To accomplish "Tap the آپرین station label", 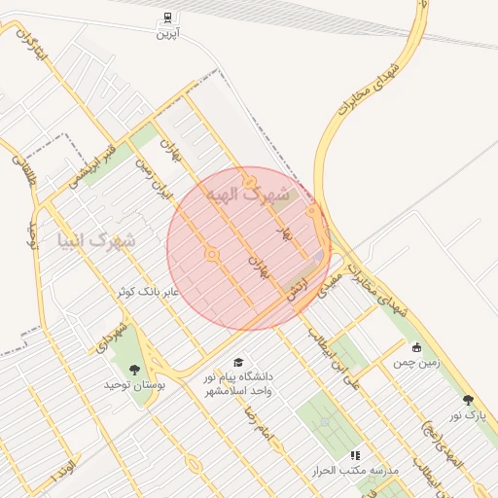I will click(x=169, y=32).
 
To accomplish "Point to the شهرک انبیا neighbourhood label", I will click(x=96, y=238).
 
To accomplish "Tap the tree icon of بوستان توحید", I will click(x=134, y=370).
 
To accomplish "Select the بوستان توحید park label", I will click(x=135, y=385).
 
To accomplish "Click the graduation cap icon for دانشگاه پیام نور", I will click(x=238, y=362).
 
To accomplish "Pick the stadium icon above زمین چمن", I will click(x=417, y=347).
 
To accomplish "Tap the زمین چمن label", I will click(x=417, y=362).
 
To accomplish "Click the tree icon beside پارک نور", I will click(x=468, y=400).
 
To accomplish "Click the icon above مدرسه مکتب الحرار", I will click(x=355, y=454).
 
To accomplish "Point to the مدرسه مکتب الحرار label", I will click(x=360, y=470).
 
